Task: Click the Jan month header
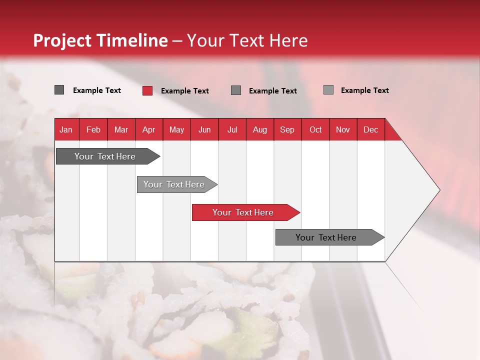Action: (66, 129)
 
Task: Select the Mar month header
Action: (121, 129)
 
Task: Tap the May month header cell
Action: (176, 129)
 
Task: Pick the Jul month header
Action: (232, 129)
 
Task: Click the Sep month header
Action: (287, 129)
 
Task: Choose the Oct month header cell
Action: (315, 129)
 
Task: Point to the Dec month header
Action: (370, 129)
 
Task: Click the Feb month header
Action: (93, 129)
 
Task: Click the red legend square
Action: (147, 90)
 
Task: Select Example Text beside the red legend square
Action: (185, 91)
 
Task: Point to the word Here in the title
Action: (288, 40)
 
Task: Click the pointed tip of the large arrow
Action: (438, 190)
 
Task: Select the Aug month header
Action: (259, 129)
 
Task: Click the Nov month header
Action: (342, 129)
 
